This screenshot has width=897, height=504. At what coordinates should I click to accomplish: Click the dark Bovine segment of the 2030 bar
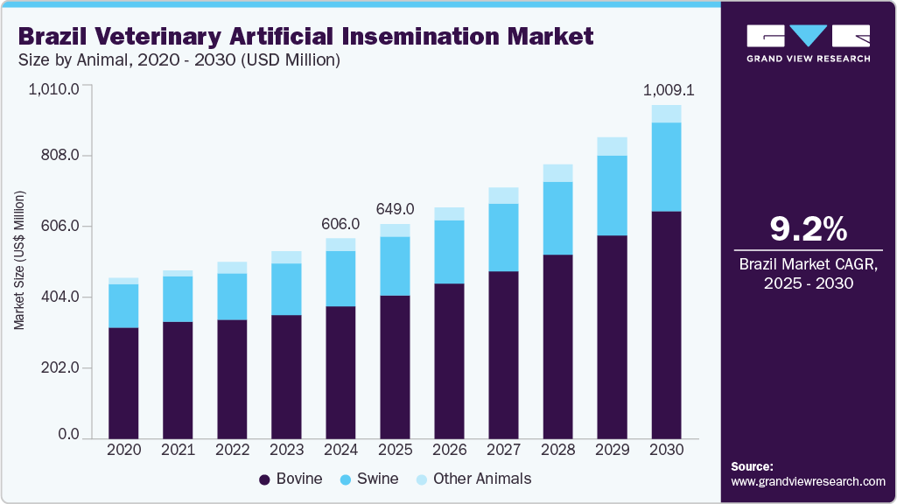666,324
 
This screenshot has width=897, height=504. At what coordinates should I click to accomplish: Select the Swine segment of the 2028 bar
557,219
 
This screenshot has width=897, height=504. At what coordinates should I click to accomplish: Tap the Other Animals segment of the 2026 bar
449,213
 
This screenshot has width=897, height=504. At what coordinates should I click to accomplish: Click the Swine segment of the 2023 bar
286,289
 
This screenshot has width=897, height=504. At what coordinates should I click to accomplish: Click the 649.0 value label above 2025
395,209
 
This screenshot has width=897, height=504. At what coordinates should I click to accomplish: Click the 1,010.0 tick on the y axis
54,88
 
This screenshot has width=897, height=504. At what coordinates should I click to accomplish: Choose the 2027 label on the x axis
503,449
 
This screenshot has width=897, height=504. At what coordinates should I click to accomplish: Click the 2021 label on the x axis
178,449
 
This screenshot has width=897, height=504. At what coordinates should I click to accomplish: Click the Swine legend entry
368,479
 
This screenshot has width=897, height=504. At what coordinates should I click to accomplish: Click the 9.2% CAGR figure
808,229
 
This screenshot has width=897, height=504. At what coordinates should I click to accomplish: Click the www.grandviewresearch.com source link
808,481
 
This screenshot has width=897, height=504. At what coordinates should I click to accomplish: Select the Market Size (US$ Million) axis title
19,260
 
